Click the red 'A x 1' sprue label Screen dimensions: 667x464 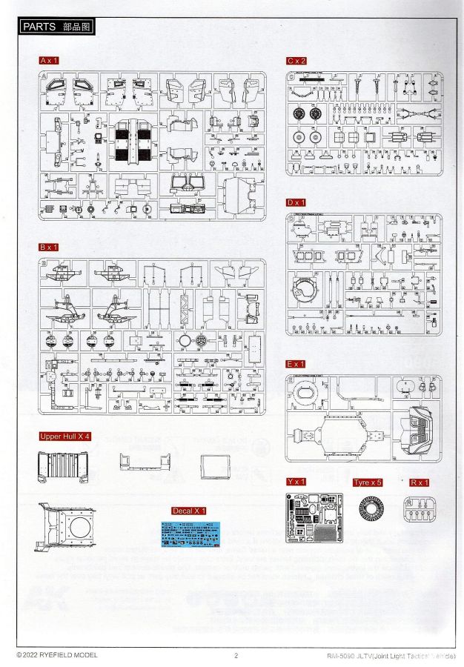pos(49,59)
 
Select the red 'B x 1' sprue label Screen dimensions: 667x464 pos(49,246)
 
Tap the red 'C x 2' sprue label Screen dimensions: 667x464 pos(296,59)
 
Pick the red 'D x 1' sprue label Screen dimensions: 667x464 pos(296,202)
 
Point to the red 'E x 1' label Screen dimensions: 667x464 pos(296,364)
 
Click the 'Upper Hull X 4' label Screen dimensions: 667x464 pos(65,437)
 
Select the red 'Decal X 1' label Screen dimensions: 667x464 pos(189,511)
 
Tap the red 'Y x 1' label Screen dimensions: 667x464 pos(296,482)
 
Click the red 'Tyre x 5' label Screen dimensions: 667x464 pos(368,482)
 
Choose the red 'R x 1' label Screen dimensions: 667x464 pos(419,482)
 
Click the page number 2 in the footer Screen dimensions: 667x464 pos(235,655)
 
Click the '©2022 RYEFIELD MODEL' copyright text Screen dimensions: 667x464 pos(56,655)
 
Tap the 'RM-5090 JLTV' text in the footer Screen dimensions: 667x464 pos(348,655)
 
